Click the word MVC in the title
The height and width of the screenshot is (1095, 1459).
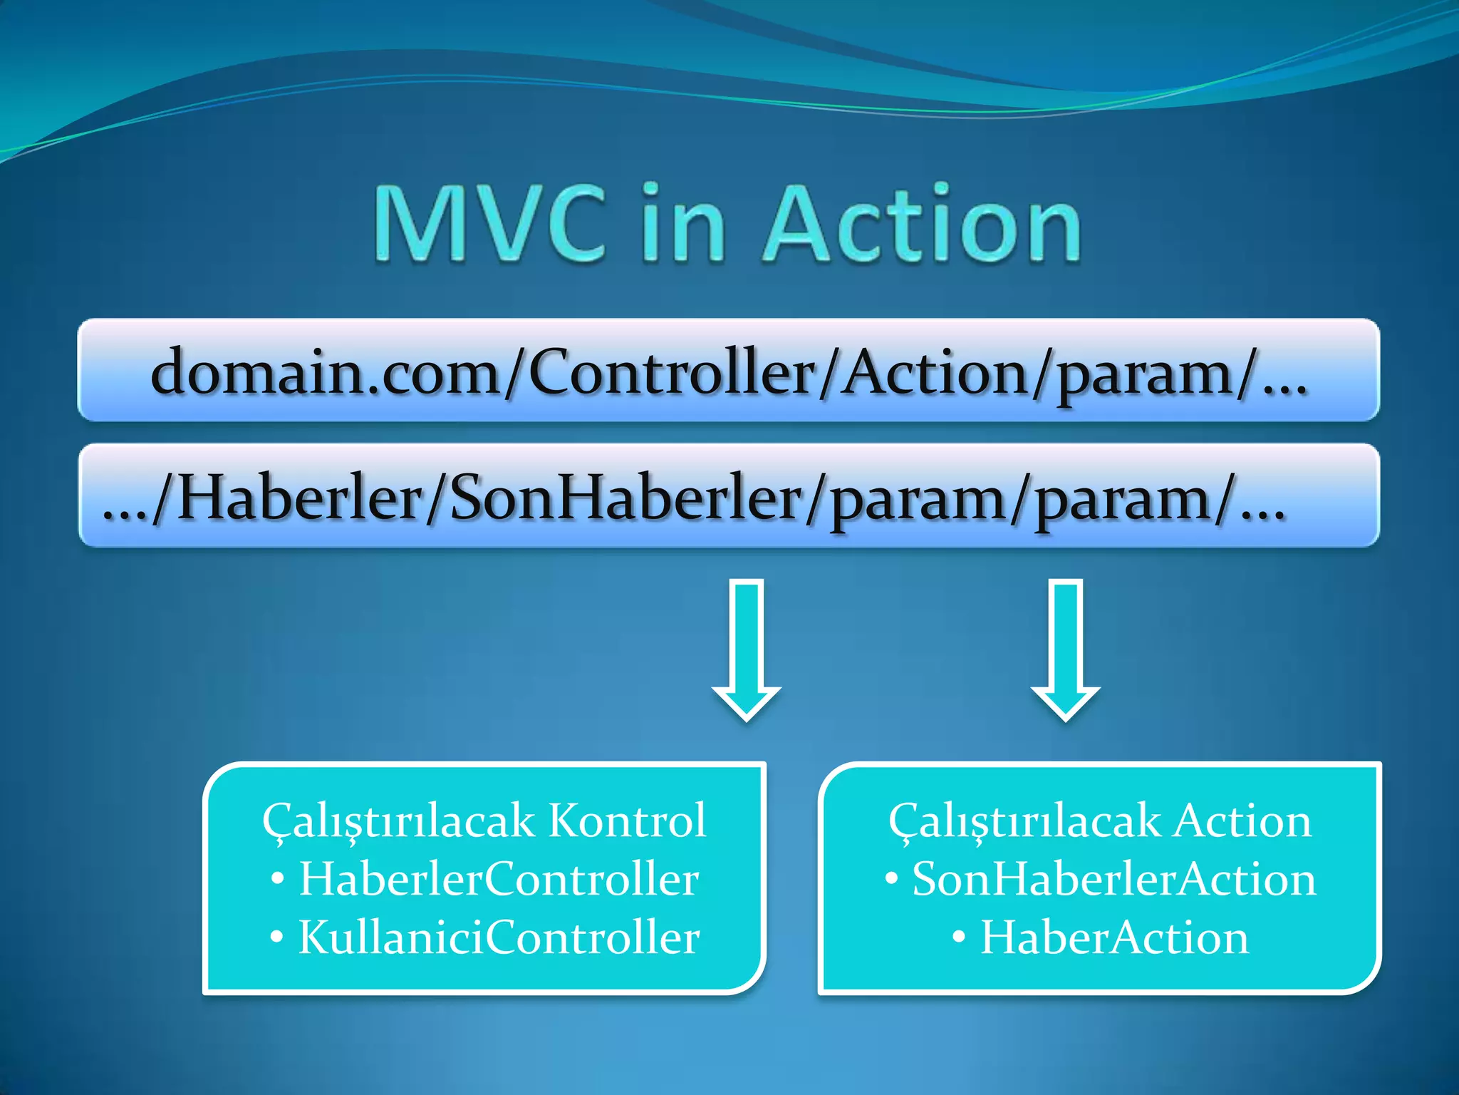point(490,224)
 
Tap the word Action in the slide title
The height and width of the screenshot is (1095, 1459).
point(922,224)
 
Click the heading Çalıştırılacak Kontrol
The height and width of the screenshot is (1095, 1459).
point(484,821)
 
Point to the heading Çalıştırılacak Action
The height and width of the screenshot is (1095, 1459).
point(1099,821)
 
